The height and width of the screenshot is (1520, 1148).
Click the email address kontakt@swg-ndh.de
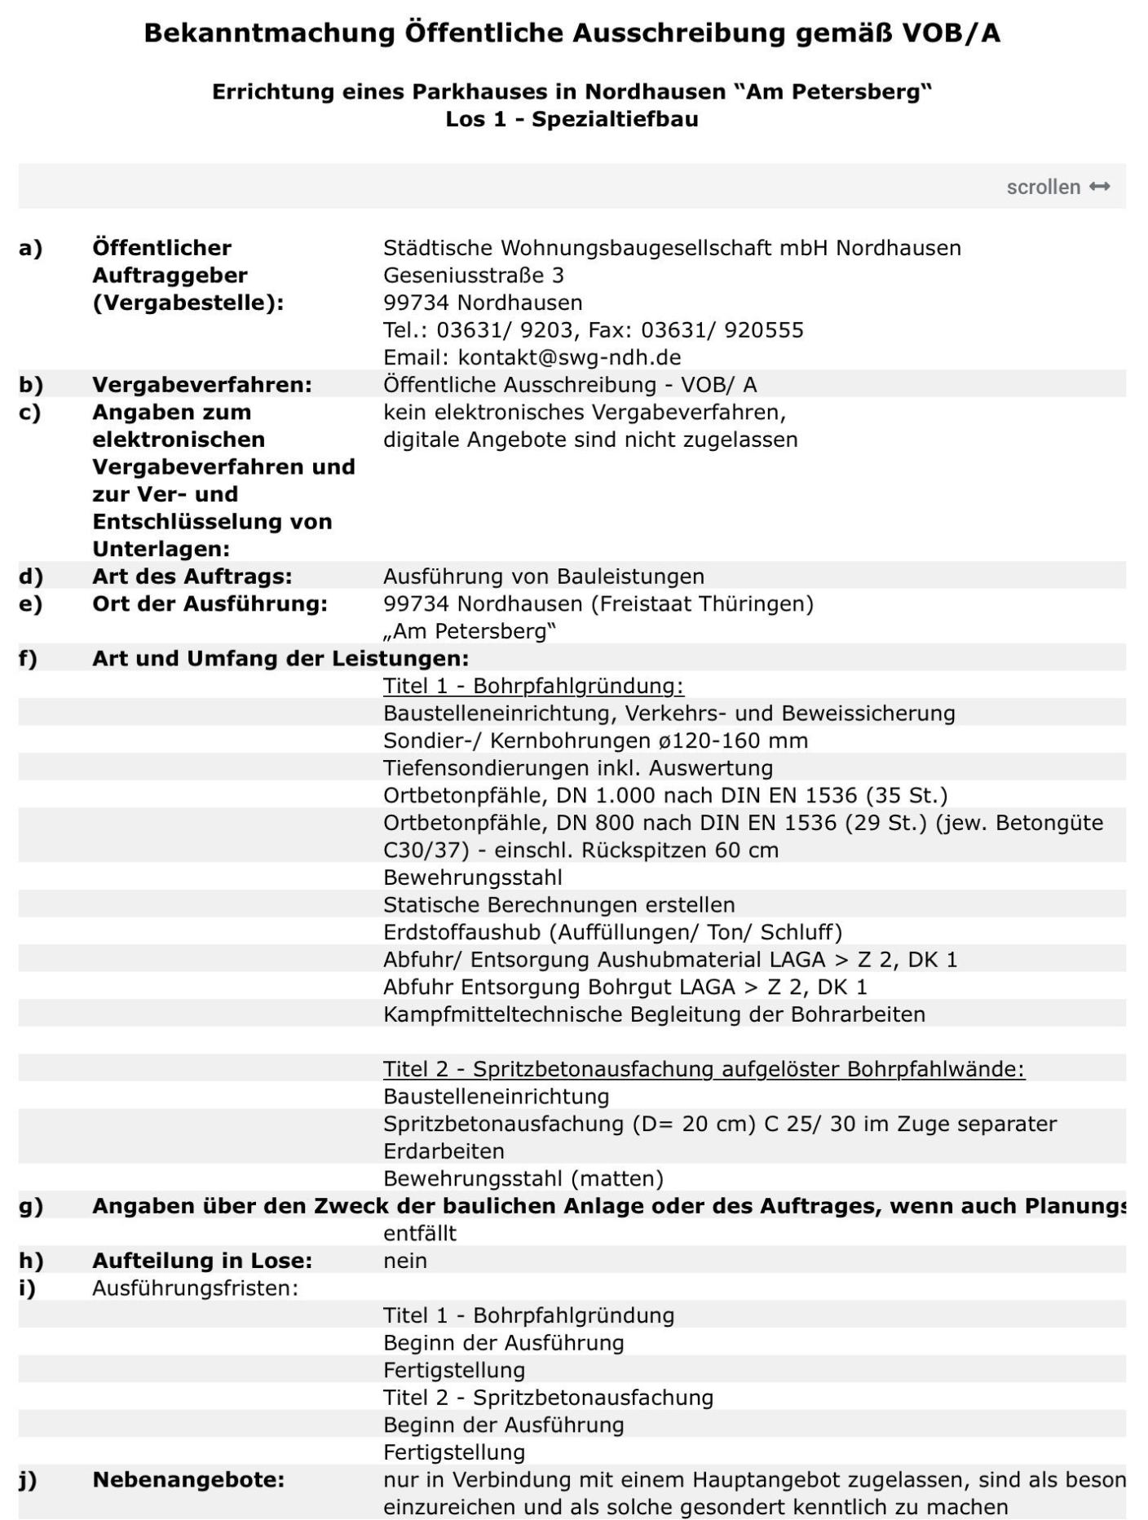[569, 357]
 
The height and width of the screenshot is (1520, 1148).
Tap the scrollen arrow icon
[1100, 187]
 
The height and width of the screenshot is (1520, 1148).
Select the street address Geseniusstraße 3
[474, 275]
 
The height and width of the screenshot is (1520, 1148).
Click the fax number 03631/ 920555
[722, 329]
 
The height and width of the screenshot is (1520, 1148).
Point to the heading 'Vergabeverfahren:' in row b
[201, 384]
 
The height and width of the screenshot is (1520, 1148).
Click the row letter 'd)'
[30, 577]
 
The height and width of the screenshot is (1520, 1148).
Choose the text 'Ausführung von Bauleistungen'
[543, 577]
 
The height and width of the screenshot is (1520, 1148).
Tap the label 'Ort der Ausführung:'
[210, 603]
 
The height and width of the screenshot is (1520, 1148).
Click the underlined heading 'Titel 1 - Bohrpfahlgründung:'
[533, 686]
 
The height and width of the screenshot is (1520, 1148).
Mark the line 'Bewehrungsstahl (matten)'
[523, 1178]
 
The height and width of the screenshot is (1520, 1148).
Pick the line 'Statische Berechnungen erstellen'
[559, 904]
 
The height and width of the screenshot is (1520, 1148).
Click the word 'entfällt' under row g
[419, 1233]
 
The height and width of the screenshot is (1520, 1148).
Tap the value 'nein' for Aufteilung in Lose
[405, 1261]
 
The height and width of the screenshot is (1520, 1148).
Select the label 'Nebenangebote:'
[188, 1479]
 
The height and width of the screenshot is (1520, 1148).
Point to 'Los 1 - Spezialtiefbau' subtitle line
[572, 119]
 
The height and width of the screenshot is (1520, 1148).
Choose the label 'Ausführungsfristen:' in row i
[195, 1288]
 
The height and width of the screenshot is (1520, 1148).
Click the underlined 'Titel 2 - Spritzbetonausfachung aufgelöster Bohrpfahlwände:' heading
[704, 1069]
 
